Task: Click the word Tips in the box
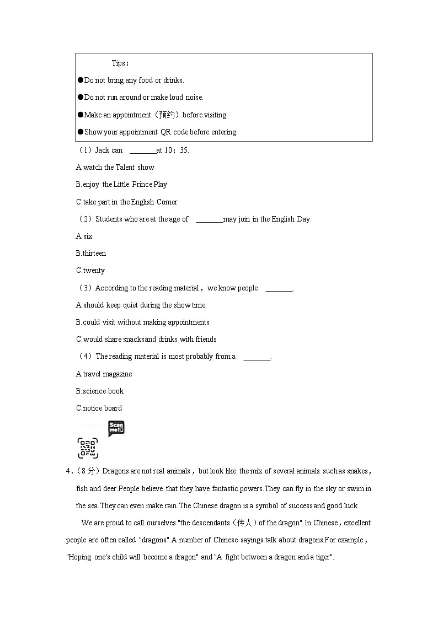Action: click(x=119, y=63)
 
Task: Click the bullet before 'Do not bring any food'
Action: click(x=80, y=80)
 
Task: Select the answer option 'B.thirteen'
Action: click(x=90, y=254)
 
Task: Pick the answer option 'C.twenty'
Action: click(x=90, y=271)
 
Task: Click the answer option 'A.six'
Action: click(x=84, y=236)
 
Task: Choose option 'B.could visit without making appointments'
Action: click(x=142, y=322)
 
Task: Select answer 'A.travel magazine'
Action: click(x=104, y=374)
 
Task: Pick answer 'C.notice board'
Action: click(x=99, y=408)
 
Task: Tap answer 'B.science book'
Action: click(x=99, y=391)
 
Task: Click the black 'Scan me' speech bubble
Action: click(x=116, y=428)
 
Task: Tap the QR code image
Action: click(x=88, y=448)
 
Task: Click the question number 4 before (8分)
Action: click(x=68, y=471)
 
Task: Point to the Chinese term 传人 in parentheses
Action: click(x=243, y=523)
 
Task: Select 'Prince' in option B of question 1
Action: click(x=142, y=185)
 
